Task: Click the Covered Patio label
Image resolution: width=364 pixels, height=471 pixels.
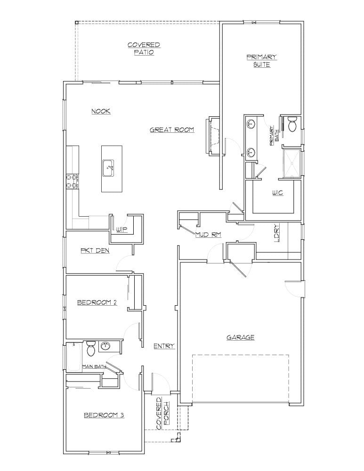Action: (x=144, y=49)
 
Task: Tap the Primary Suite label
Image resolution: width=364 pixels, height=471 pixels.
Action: (x=261, y=61)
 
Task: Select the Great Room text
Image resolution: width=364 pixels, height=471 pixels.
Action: (x=172, y=130)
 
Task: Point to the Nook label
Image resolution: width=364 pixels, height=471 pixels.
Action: (x=101, y=111)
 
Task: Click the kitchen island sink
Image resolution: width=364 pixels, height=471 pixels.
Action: (x=109, y=167)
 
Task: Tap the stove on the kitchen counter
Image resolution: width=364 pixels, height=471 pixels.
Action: (x=72, y=181)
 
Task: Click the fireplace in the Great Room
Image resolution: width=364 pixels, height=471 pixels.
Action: (x=213, y=135)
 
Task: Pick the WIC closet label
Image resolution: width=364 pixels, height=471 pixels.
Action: (x=277, y=193)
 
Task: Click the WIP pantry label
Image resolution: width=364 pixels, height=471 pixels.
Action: (x=122, y=229)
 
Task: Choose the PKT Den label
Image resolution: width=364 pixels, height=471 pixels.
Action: (x=95, y=251)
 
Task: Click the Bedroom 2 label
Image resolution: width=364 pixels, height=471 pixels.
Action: (x=97, y=302)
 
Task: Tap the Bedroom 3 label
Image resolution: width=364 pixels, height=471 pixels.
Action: (x=104, y=415)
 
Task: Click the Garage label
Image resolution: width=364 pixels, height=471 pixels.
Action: (x=240, y=337)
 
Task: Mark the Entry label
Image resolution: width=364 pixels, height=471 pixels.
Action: (x=164, y=346)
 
